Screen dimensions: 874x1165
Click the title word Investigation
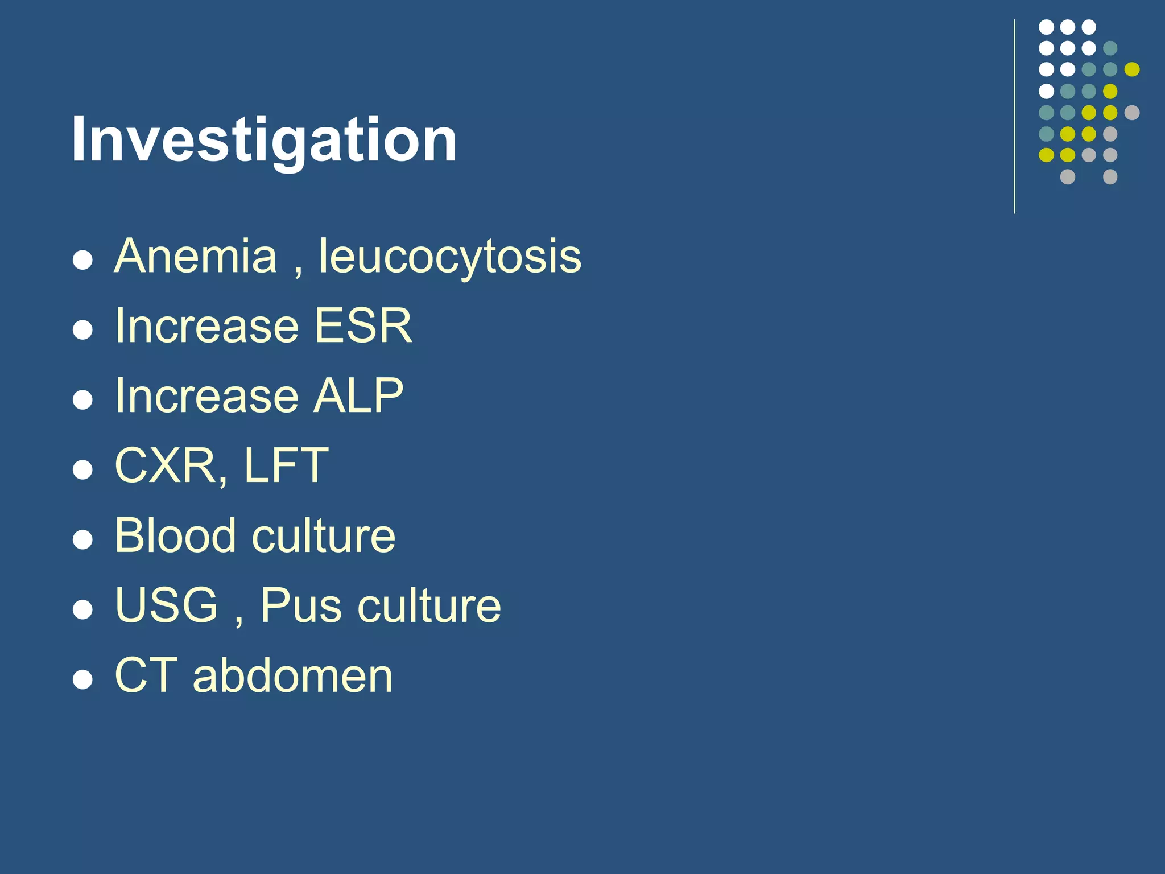click(x=264, y=139)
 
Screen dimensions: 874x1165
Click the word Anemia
click(x=195, y=256)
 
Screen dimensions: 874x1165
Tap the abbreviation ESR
click(x=363, y=325)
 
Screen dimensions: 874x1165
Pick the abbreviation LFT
click(x=286, y=465)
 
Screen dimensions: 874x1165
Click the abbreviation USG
click(x=166, y=605)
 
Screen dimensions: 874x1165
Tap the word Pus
click(x=301, y=605)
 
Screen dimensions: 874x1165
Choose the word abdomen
click(x=292, y=675)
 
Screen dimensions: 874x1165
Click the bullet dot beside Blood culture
click(x=83, y=539)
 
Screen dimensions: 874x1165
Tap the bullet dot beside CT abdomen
click(x=83, y=679)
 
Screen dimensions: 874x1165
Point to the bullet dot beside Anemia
click(x=83, y=260)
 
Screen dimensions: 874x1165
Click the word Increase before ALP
click(x=206, y=395)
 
